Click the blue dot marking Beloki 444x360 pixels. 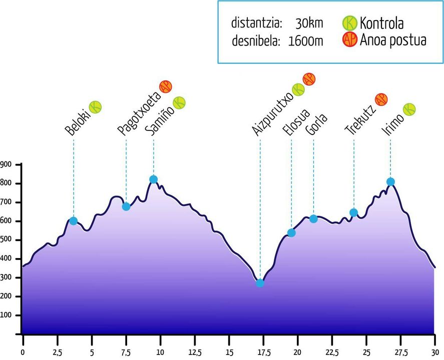(74, 221)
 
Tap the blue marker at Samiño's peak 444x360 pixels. (153, 179)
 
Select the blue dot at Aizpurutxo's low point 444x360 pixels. (260, 283)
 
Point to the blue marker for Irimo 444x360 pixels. (390, 181)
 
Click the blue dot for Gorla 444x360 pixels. (313, 218)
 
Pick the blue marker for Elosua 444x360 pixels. (291, 232)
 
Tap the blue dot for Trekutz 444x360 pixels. (353, 212)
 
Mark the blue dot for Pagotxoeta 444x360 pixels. (126, 206)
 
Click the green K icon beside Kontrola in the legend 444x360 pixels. (349, 23)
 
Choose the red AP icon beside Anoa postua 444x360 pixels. (349, 40)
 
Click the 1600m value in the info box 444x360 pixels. (306, 41)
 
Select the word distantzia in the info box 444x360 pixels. (257, 23)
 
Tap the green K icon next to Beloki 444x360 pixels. (95, 106)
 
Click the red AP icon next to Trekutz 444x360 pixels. (381, 99)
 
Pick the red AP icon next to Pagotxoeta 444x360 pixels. (165, 86)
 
